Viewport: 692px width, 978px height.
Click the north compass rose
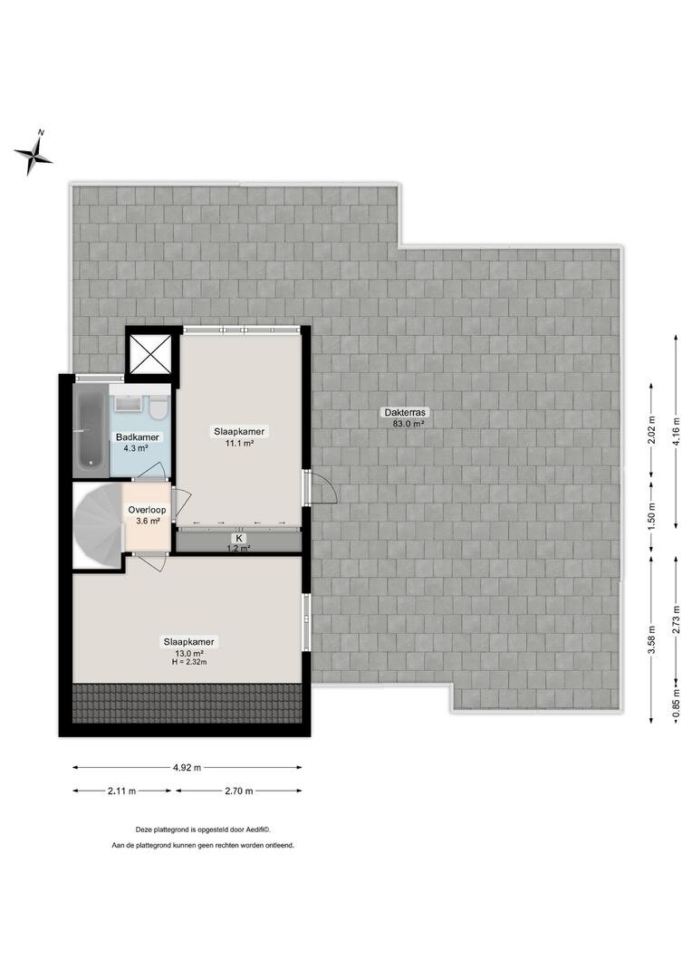pos(34,154)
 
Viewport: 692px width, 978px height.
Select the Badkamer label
pos(138,437)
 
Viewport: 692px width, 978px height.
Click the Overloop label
pos(148,510)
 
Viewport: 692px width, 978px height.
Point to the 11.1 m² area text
pos(239,444)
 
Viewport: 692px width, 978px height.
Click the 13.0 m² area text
pos(189,653)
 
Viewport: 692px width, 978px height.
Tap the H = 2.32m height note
pos(189,662)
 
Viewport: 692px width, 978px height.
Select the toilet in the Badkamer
pos(159,407)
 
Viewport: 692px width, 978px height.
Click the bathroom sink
pos(130,403)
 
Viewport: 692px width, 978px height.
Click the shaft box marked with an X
pos(149,353)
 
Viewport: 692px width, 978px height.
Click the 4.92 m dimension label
pos(187,768)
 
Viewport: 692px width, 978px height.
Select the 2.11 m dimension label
pos(122,791)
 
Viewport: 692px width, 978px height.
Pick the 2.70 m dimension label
pos(239,791)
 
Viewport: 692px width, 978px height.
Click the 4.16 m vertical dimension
pos(677,430)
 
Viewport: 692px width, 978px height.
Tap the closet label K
pos(237,538)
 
